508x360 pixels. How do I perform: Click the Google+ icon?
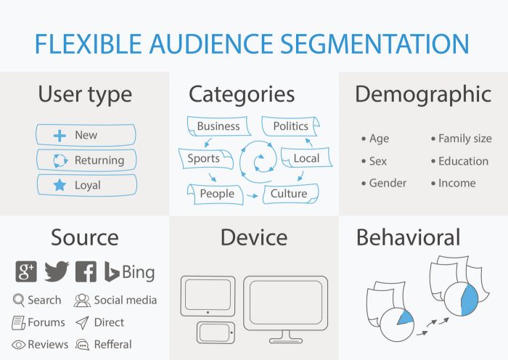click(x=26, y=271)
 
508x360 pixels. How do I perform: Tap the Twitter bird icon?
click(x=56, y=271)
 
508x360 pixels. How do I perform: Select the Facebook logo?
click(x=86, y=271)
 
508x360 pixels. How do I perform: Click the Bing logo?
click(x=129, y=271)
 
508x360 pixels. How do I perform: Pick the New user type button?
click(x=86, y=135)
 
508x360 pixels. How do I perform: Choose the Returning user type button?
click(x=86, y=160)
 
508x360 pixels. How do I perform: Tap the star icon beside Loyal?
click(x=60, y=185)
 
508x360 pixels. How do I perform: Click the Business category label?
click(x=218, y=126)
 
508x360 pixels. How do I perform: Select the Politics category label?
click(x=290, y=126)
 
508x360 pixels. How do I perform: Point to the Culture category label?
click(x=289, y=194)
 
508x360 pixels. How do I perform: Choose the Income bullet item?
click(x=456, y=183)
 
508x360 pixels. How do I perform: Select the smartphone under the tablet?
click(x=215, y=332)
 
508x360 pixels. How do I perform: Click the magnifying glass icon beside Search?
click(x=19, y=300)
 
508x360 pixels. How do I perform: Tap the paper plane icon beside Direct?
click(x=82, y=322)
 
